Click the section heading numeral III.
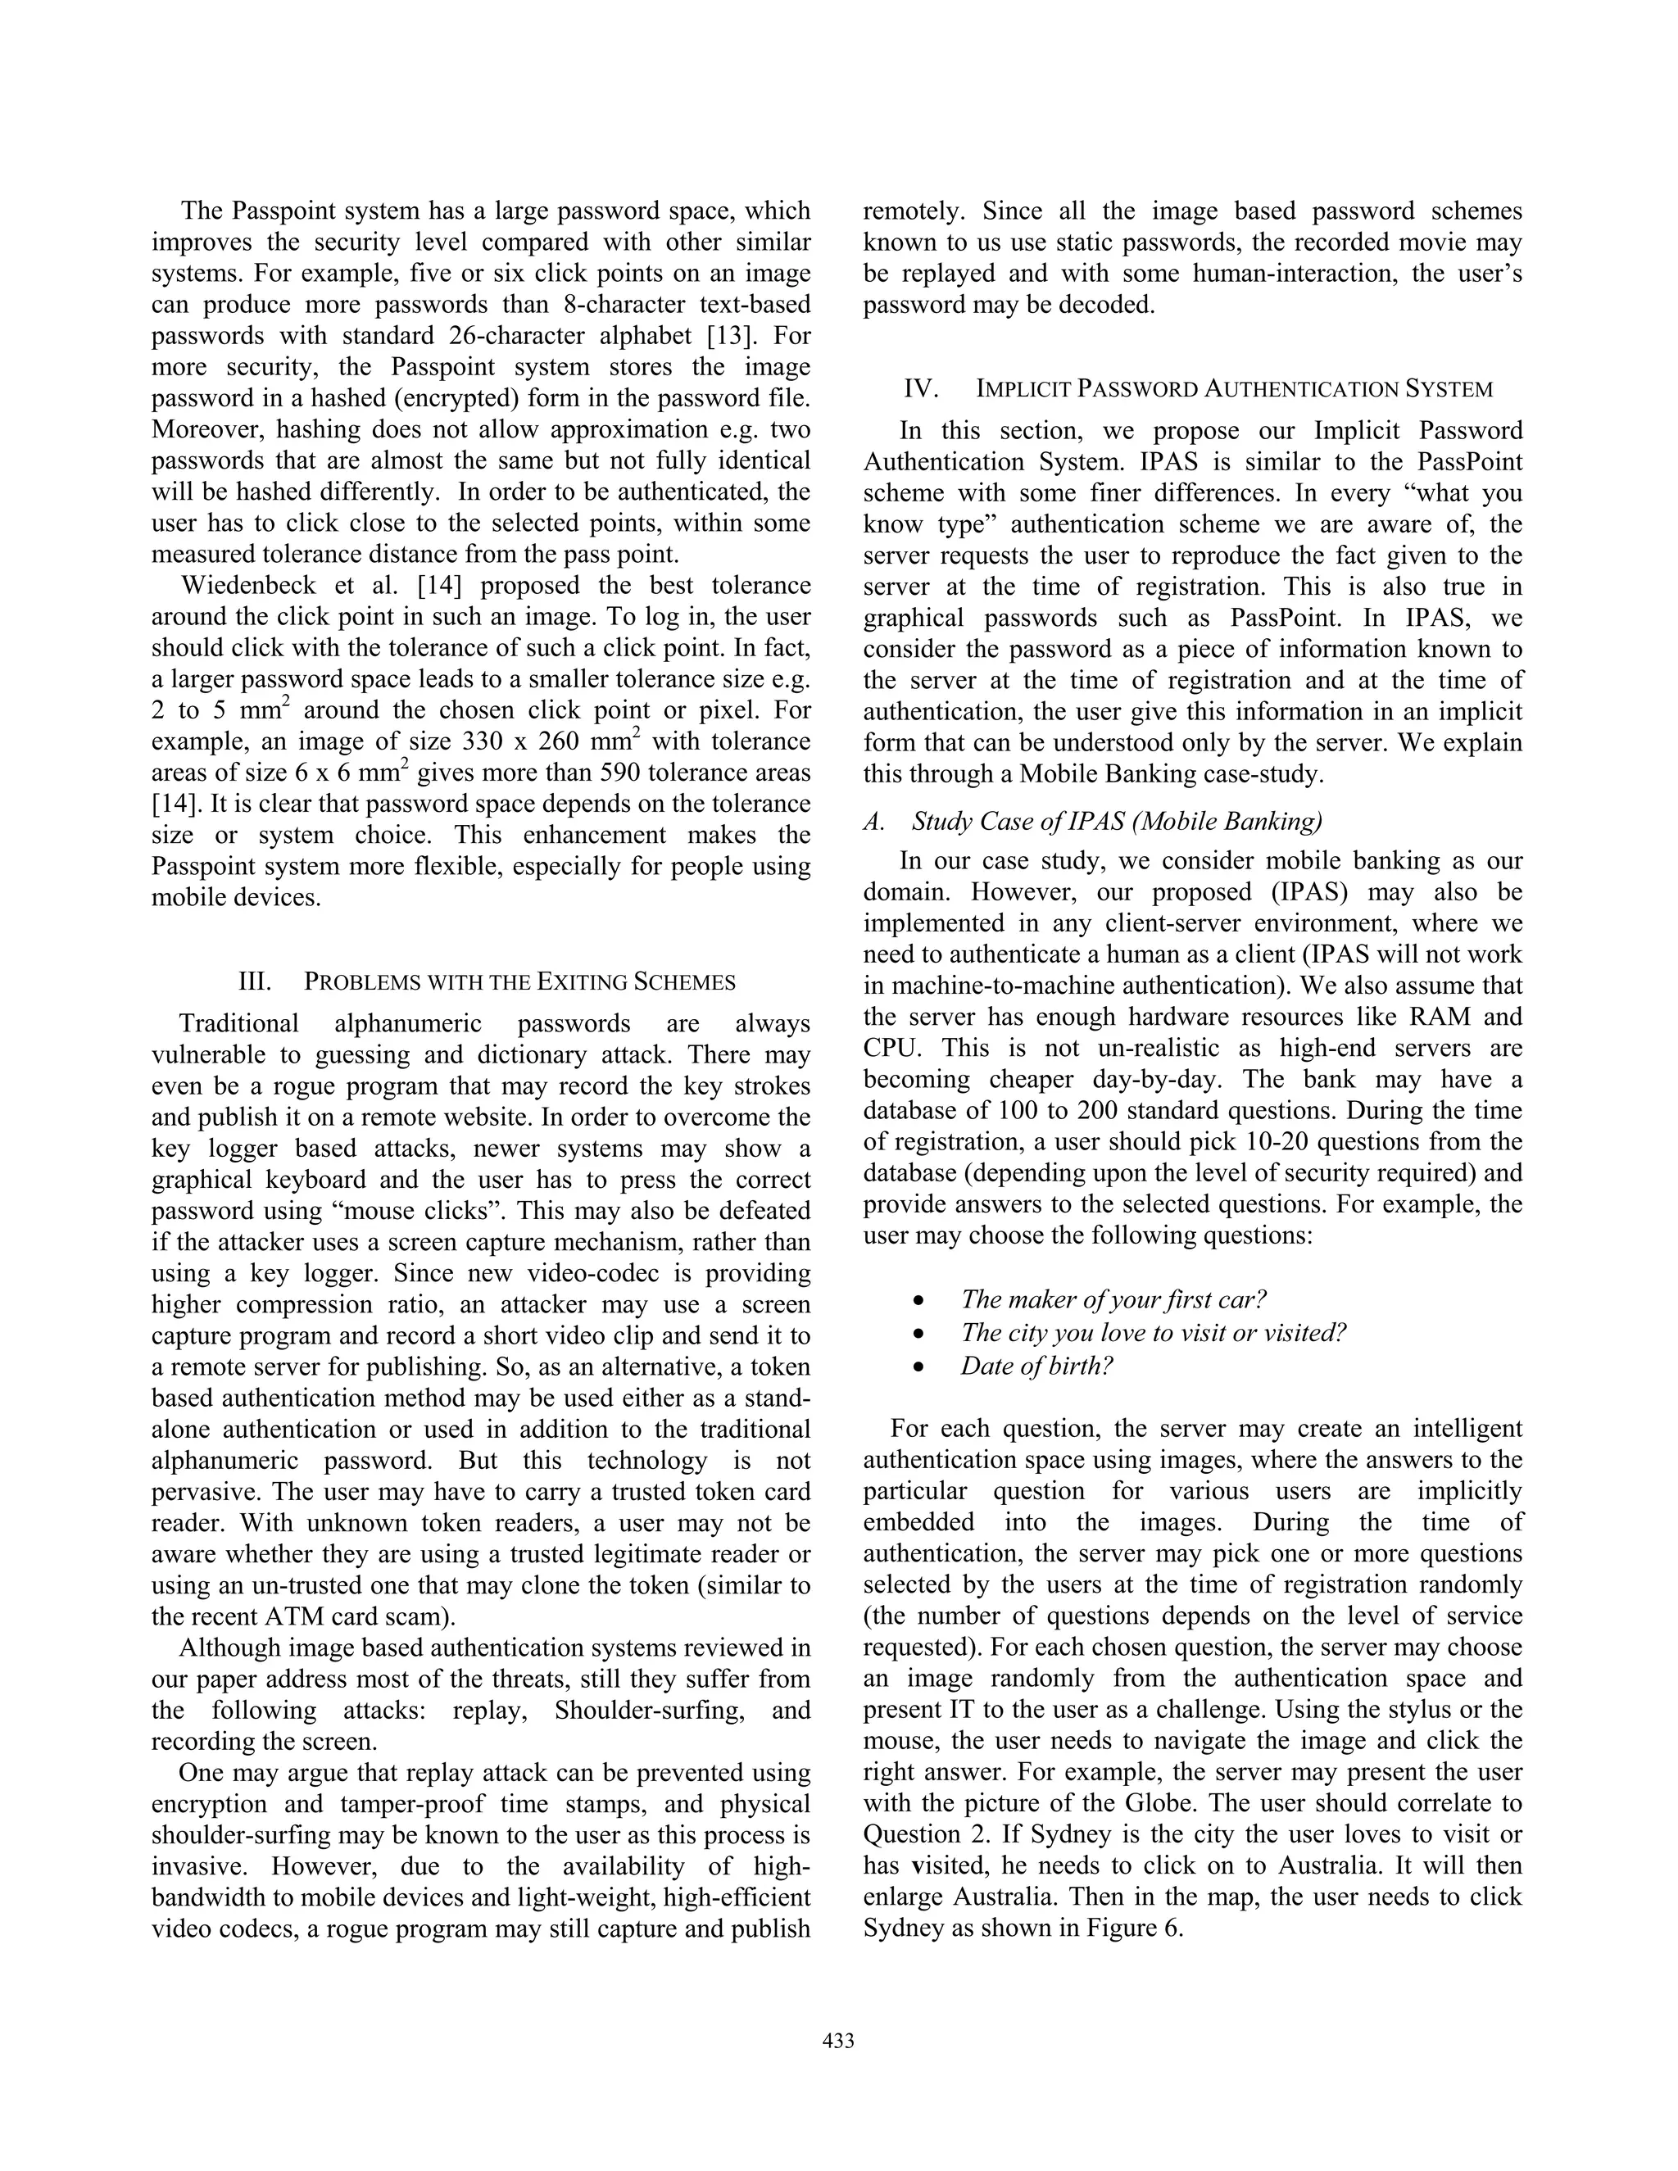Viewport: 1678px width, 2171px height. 256,982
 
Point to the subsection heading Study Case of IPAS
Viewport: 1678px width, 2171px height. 1117,821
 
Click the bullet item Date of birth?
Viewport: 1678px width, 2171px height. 1036,1366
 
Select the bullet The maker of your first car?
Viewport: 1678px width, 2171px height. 1113,1299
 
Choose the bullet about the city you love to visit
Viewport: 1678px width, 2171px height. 1153,1333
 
